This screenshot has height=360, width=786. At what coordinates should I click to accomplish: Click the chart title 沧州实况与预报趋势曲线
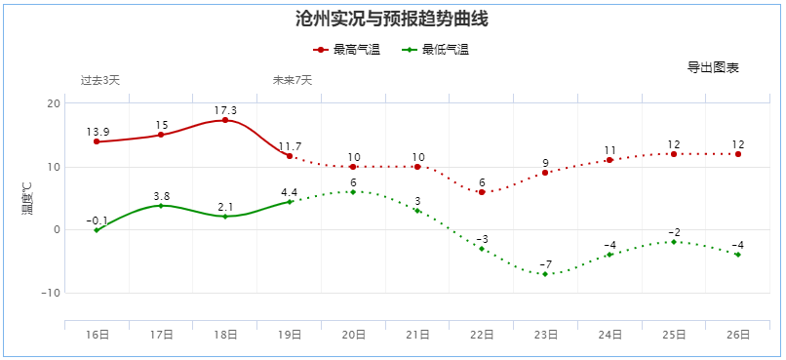click(x=391, y=19)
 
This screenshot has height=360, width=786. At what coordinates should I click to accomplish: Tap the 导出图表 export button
click(x=713, y=67)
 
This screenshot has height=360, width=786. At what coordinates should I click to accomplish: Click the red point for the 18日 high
click(x=225, y=120)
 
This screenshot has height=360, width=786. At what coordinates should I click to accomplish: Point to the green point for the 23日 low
click(x=546, y=274)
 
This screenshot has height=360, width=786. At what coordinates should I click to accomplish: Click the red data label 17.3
click(x=225, y=110)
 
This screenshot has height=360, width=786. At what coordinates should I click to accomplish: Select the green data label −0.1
click(x=97, y=220)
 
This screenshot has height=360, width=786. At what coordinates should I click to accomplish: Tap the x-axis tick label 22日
click(x=482, y=335)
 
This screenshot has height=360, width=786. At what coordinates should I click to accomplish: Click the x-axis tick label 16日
click(x=97, y=335)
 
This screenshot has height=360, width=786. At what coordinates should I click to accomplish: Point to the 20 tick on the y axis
click(x=54, y=104)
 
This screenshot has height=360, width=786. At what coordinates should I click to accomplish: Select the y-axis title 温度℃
click(x=26, y=198)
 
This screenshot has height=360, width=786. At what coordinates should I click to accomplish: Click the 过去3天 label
click(x=100, y=80)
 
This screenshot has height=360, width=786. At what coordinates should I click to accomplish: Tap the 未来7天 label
click(x=293, y=80)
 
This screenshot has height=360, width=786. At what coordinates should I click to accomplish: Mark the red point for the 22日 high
click(x=482, y=192)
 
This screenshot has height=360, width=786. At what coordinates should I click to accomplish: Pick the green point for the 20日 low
click(x=353, y=192)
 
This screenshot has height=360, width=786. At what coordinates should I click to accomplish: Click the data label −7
click(x=546, y=264)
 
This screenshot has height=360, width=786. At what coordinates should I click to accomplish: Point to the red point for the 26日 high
click(x=738, y=154)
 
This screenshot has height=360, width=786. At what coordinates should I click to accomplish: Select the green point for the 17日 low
click(x=161, y=206)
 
